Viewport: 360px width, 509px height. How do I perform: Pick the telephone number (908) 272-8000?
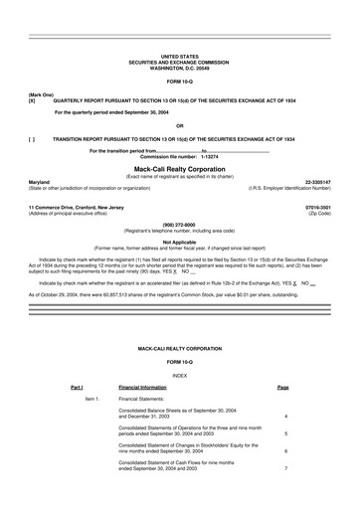point(179,225)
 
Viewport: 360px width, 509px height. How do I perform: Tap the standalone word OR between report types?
point(179,125)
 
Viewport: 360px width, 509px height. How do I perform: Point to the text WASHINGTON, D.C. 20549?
point(179,68)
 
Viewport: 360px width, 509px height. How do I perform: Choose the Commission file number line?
point(179,157)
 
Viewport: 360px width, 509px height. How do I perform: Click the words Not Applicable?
point(179,241)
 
